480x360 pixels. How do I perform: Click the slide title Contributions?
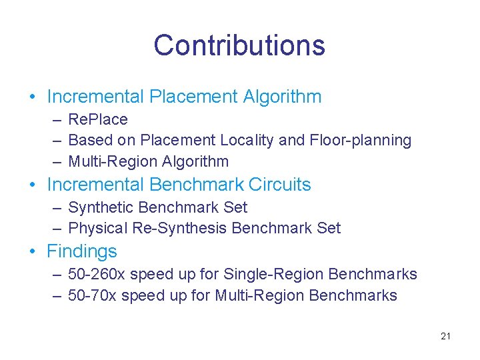(239, 45)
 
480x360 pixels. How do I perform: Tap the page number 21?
(445, 336)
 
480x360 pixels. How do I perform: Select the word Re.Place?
(98, 120)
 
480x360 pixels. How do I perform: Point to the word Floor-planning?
(361, 141)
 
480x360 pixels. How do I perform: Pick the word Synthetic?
(100, 207)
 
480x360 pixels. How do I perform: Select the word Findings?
(81, 252)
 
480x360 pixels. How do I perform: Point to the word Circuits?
(279, 185)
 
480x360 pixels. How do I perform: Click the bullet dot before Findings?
(33, 252)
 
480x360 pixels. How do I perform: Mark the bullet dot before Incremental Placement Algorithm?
(33, 97)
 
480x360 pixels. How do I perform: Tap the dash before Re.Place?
(57, 120)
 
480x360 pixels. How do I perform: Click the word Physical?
(97, 229)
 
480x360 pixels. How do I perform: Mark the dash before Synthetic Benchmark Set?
(57, 207)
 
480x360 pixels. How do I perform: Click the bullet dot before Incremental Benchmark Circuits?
(33, 185)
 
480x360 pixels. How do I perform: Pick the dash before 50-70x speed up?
(57, 295)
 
